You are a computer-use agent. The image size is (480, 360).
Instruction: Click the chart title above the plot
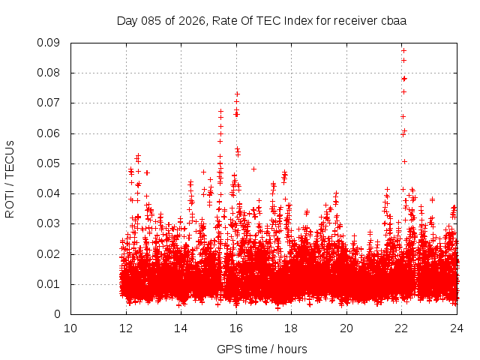pyautogui.click(x=262, y=20)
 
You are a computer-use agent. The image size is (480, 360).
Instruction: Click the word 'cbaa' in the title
pyautogui.click(x=393, y=20)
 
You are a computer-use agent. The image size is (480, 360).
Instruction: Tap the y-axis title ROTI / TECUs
pyautogui.click(x=10, y=178)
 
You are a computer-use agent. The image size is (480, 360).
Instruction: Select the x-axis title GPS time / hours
pyautogui.click(x=262, y=349)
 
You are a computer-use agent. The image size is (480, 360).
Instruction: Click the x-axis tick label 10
pyautogui.click(x=70, y=328)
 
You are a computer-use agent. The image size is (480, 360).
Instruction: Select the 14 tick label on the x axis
pyautogui.click(x=181, y=328)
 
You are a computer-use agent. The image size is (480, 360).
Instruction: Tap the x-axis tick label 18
pyautogui.click(x=291, y=328)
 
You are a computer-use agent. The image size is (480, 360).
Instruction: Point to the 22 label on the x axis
pyautogui.click(x=401, y=328)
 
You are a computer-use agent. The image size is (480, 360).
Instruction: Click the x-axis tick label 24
pyautogui.click(x=457, y=328)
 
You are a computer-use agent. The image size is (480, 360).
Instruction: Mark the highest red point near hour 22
pyautogui.click(x=403, y=51)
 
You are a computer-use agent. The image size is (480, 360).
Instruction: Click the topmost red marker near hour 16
pyautogui.click(x=237, y=94)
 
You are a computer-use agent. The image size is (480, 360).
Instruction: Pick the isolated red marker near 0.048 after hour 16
pyautogui.click(x=253, y=169)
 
